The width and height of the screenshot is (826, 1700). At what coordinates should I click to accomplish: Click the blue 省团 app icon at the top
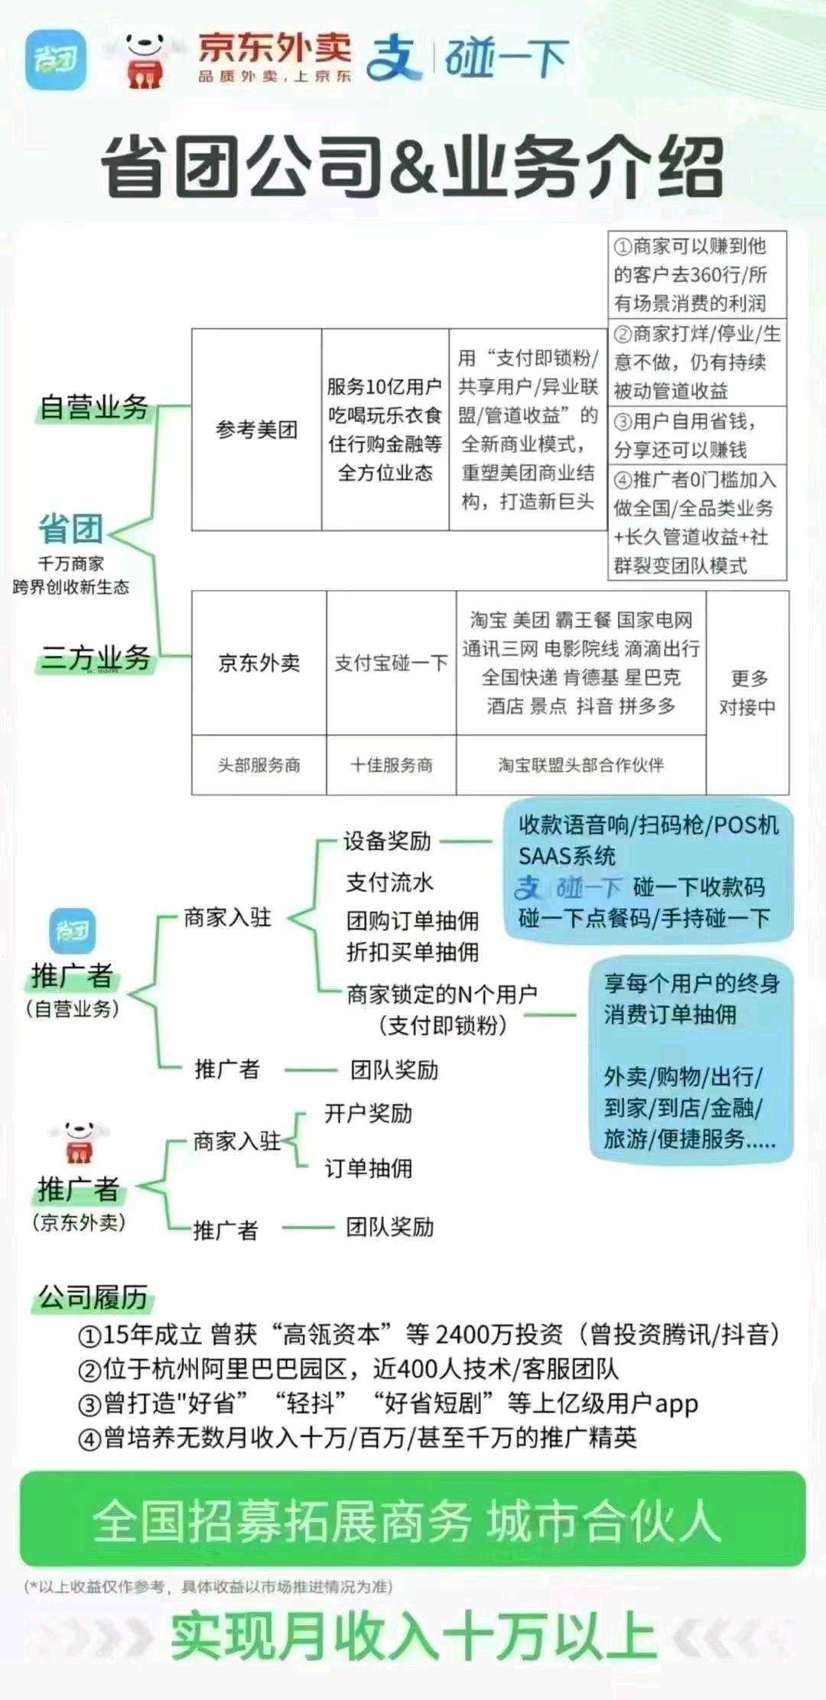pos(55,59)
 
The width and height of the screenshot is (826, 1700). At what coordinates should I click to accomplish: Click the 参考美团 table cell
pos(256,430)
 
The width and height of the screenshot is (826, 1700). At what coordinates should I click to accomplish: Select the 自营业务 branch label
pos(94,407)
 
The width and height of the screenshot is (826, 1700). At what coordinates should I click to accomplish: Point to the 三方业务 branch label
pos(96,657)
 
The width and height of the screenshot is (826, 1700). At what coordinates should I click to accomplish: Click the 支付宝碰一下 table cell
pos(391,663)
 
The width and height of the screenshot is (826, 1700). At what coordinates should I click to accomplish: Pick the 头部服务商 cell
pos(259,765)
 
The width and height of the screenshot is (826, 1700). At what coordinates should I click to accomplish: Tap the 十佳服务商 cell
pos(391,765)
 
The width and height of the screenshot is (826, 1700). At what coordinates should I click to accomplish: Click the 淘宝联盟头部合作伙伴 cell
pos(581,765)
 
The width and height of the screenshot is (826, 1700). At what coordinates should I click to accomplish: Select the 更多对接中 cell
pos(747,693)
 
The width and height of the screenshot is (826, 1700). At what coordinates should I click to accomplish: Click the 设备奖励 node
pos(387,841)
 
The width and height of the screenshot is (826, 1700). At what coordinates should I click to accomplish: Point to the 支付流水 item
pos(389,882)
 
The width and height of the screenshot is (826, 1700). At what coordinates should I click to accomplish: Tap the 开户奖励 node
pos(368,1114)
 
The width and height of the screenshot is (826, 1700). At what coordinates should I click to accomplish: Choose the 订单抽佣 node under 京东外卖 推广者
pos(368,1168)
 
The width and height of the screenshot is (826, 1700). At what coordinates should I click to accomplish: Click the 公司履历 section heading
pos(93,1296)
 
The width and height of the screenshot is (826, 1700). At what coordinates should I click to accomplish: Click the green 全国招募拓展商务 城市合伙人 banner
pos(413,1520)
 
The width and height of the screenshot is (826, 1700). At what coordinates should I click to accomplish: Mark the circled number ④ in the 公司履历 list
pos(89,1439)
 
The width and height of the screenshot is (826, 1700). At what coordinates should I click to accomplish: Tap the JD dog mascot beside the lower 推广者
pos(78,1142)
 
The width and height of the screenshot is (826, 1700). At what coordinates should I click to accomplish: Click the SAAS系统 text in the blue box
pos(567,856)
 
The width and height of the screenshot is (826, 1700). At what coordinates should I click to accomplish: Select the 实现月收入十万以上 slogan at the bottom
pos(413,1638)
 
